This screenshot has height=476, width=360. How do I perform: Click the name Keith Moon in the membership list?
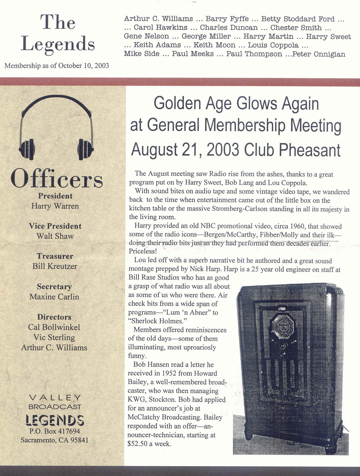214,45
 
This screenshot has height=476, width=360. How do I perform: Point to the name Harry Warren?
55,206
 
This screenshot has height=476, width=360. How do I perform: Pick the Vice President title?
55,226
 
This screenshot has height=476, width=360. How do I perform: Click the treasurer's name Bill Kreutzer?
55,266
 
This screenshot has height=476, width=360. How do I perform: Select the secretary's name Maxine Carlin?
54,297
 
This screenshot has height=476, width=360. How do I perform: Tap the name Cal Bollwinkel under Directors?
54,327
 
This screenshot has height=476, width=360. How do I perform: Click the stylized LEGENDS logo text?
55,420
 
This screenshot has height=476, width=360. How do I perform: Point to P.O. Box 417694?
55,431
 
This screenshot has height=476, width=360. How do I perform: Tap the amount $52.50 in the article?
138,444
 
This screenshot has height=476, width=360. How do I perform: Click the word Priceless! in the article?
142,251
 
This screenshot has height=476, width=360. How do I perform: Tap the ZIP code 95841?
79,440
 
